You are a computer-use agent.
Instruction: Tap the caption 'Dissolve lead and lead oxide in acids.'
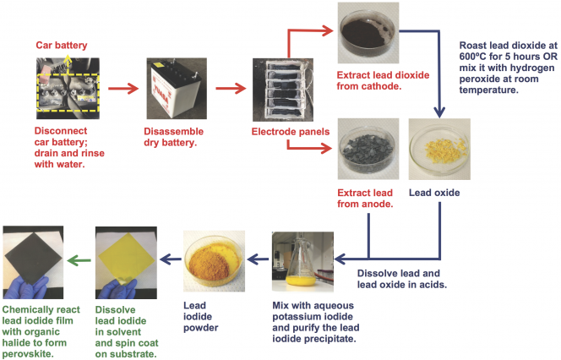click(404, 279)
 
